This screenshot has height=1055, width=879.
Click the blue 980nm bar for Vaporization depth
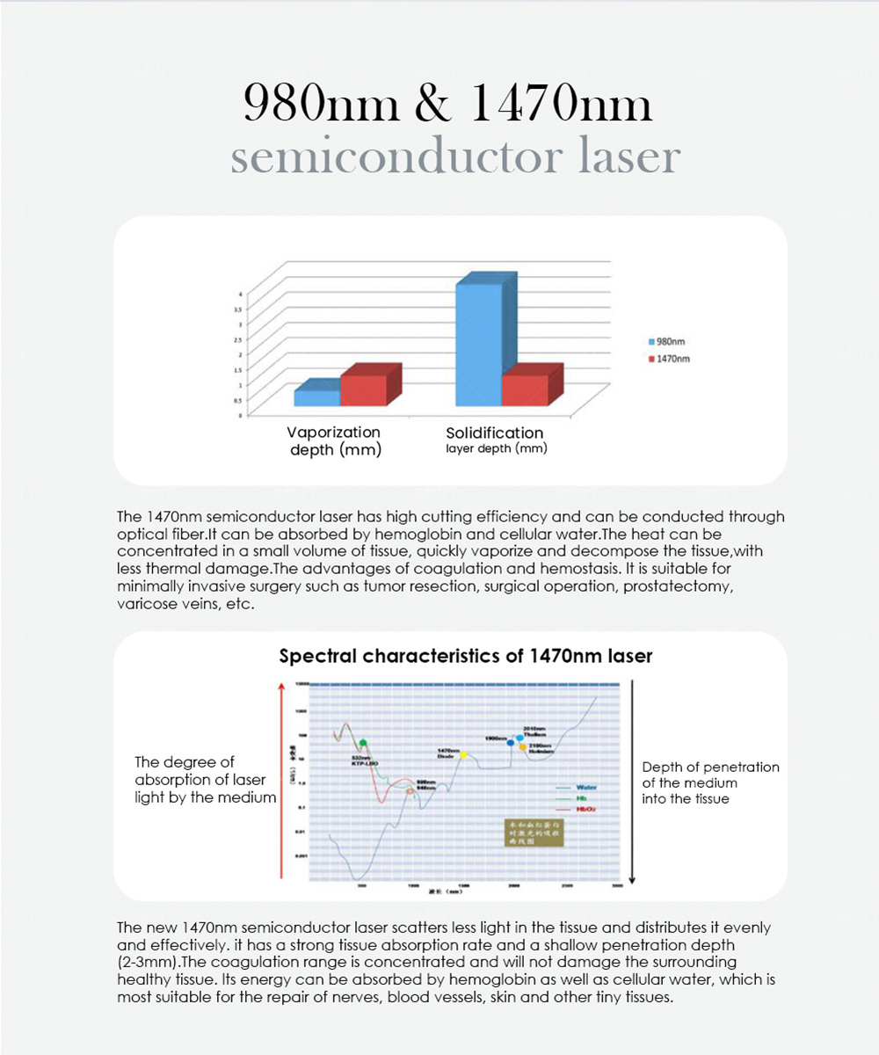pyautogui.click(x=316, y=397)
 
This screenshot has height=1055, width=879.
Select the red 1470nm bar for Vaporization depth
pyautogui.click(x=363, y=390)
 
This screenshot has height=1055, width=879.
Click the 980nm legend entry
pyautogui.click(x=672, y=342)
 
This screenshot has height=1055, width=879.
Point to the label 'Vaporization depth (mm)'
pyautogui.click(x=335, y=441)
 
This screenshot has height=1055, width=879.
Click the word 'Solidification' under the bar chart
pyautogui.click(x=494, y=433)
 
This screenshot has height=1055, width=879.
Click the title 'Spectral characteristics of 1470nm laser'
pyautogui.click(x=465, y=656)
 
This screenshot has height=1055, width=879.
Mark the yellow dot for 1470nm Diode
pyautogui.click(x=463, y=755)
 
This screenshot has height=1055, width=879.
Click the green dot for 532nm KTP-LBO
pyautogui.click(x=363, y=744)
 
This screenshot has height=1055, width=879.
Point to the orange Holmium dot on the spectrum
pyautogui.click(x=522, y=747)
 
